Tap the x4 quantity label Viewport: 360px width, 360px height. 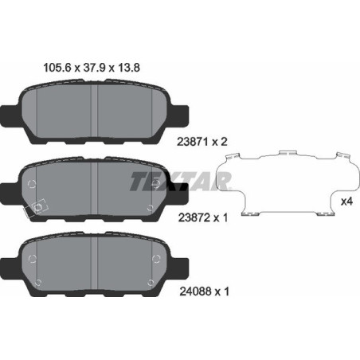346,202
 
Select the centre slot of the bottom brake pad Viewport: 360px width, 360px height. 95,264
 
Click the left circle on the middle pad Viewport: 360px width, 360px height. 32,184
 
